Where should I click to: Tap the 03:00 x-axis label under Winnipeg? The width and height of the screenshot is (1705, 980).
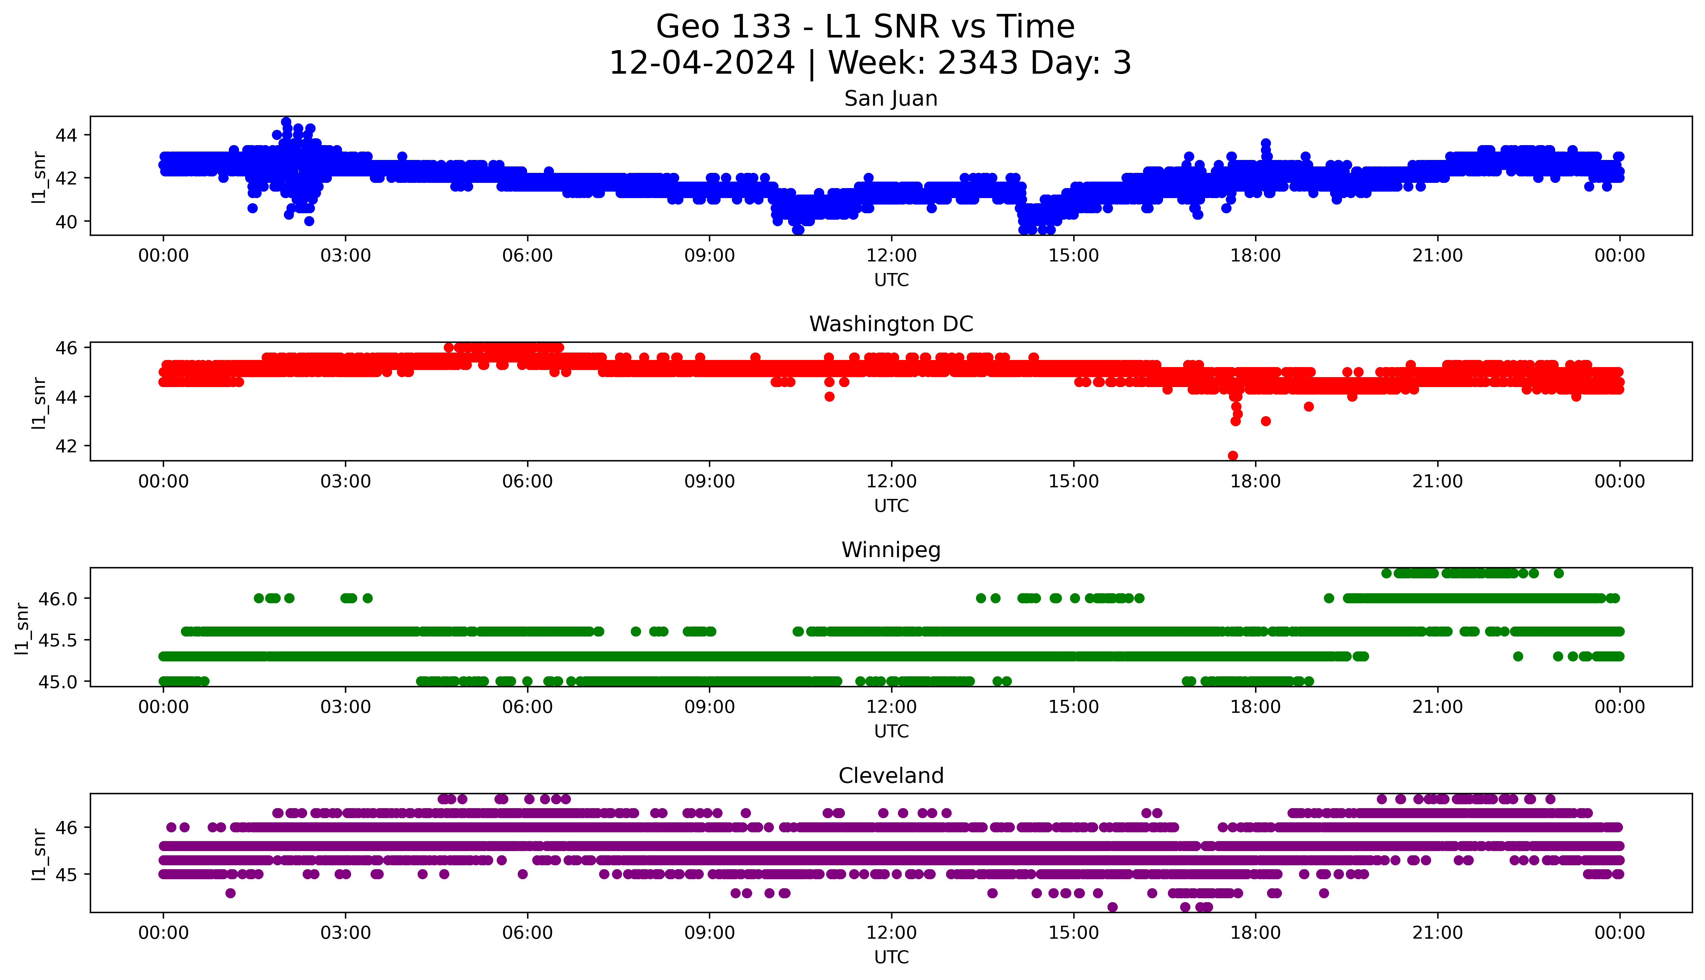coord(346,707)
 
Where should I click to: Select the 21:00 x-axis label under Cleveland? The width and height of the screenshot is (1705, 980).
coord(1437,933)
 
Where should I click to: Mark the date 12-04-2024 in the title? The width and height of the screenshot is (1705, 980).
coord(702,63)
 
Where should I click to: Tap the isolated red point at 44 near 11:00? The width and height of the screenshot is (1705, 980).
coord(829,396)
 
